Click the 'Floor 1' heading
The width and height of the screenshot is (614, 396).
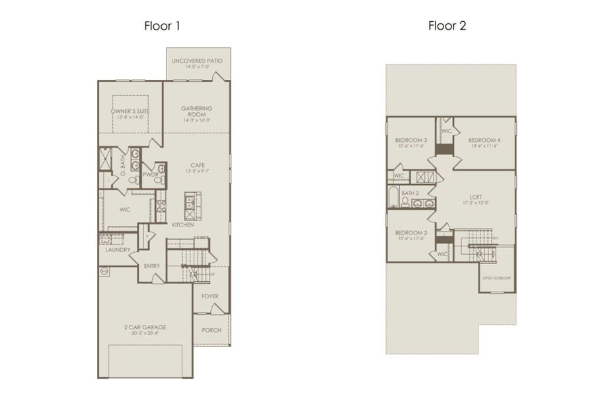162,26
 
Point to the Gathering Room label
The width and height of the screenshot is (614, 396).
196,112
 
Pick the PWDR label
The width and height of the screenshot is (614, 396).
151,176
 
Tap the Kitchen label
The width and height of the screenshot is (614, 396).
182,226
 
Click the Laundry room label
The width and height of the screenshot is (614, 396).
118,250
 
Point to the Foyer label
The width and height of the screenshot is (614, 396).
210,296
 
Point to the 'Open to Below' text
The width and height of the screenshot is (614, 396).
496,279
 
